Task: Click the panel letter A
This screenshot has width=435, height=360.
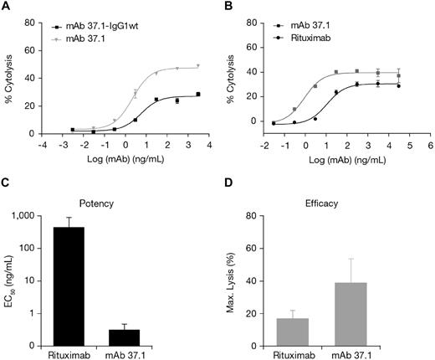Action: coord(6,7)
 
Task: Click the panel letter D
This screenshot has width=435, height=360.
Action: coord(229,187)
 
